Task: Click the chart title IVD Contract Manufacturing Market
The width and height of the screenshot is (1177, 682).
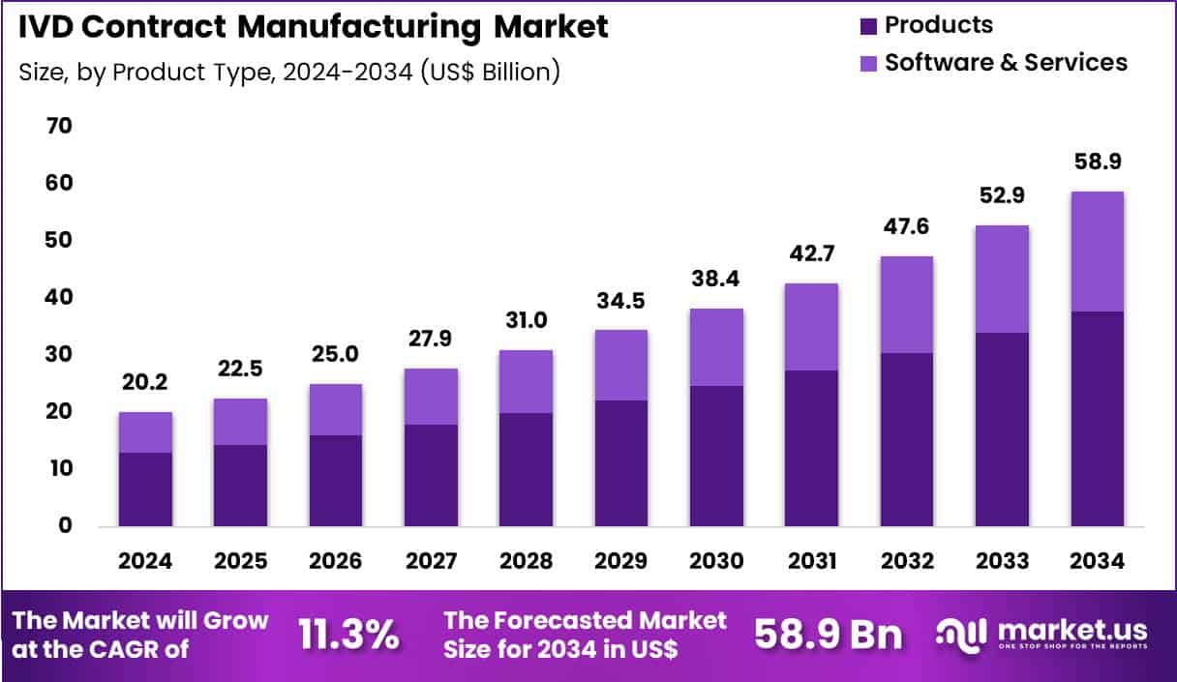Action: click(x=311, y=26)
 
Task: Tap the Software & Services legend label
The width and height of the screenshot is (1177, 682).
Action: click(x=1006, y=63)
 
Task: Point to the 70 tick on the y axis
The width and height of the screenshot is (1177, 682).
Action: click(x=60, y=126)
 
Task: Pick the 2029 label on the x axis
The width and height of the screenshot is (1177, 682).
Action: click(x=620, y=562)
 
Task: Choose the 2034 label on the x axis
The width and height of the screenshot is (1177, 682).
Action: click(x=1097, y=562)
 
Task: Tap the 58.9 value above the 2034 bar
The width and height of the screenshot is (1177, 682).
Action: click(x=1097, y=162)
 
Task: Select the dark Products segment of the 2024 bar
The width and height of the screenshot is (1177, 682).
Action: click(x=145, y=489)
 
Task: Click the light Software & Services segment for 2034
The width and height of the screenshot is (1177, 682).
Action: click(x=1097, y=252)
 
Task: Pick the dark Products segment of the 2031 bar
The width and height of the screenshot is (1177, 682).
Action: click(x=811, y=448)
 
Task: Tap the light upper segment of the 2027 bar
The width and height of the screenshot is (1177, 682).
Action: click(x=431, y=397)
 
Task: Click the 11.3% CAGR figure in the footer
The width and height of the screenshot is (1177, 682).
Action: click(x=348, y=635)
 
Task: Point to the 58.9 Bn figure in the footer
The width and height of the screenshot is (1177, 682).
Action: click(x=828, y=635)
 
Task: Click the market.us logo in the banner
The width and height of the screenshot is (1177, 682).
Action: click(x=1042, y=635)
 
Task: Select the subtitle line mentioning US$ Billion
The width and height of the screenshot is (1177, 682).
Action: click(x=288, y=72)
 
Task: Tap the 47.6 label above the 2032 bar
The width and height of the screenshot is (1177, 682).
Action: click(x=907, y=227)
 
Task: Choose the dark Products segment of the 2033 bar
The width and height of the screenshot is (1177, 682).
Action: click(x=1002, y=429)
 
